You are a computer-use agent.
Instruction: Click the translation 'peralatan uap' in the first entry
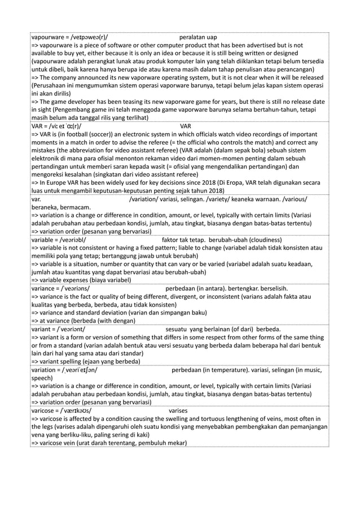197,37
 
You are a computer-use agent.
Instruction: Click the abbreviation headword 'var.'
36,199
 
